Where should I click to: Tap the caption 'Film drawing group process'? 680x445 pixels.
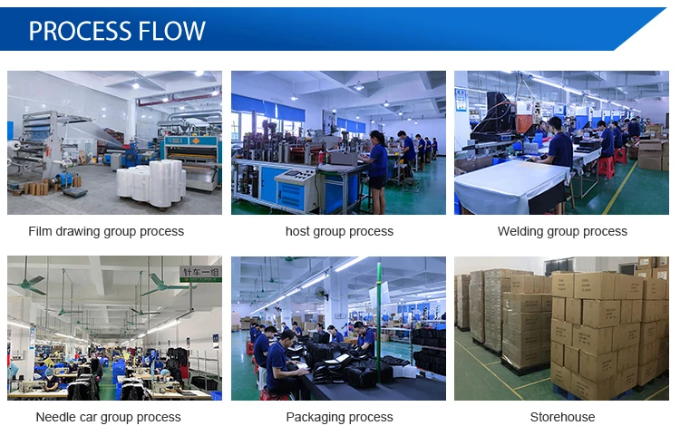point(106,231)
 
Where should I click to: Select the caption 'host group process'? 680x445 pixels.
point(340,231)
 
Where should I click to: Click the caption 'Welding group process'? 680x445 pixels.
point(562,231)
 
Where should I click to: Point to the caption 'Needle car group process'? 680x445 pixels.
point(109,417)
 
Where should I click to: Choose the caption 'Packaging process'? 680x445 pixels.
point(340,417)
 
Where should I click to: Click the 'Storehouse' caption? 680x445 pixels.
point(562,417)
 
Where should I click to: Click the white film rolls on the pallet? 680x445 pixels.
point(151,183)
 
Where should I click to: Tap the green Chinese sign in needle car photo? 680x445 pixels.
point(200,274)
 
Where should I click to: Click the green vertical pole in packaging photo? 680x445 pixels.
point(379,321)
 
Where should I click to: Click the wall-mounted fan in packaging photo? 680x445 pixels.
point(321,295)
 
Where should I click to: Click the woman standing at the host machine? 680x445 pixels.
point(376,171)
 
